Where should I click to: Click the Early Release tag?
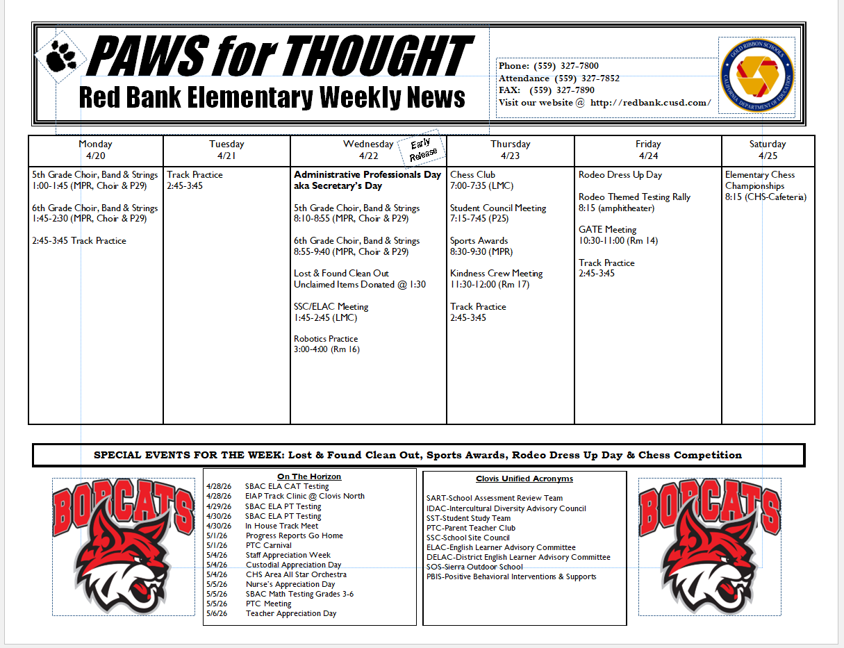423,149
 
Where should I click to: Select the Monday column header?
96,150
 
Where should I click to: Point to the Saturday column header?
768,150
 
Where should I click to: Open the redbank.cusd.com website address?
650,103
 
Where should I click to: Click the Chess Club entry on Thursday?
473,175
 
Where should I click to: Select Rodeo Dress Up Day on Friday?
620,175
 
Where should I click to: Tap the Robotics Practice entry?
326,339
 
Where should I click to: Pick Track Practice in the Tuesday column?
195,175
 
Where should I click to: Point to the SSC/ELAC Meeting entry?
331,306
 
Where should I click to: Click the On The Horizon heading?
309,476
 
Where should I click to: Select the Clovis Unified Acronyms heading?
524,479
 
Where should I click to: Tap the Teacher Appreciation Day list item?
290,613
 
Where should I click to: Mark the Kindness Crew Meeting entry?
496,274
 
